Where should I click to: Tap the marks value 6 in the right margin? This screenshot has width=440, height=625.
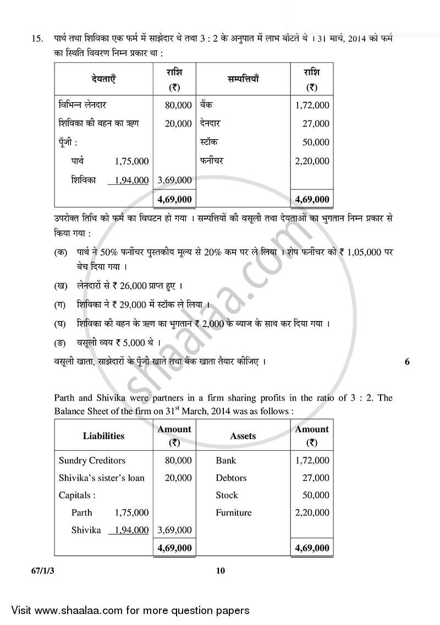pos(407,362)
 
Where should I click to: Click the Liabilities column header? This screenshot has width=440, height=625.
pos(103,436)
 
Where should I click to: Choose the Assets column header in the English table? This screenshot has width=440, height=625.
pos(243,436)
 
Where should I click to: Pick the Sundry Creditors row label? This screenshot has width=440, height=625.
pos(92,461)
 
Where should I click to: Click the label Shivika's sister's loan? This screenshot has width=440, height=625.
pos(102,478)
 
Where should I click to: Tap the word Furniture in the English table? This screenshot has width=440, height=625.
pos(233,513)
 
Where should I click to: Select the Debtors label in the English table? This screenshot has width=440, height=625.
pos(231,478)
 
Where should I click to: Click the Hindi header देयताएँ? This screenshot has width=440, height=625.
pos(103,80)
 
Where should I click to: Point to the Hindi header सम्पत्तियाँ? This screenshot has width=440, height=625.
pos(243,80)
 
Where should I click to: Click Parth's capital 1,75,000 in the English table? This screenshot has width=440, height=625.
pos(131,513)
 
